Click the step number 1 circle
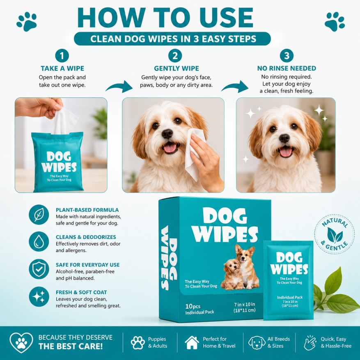pyautogui.click(x=62, y=56)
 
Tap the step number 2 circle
pyautogui.click(x=175, y=56)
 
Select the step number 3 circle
pyautogui.click(x=287, y=56)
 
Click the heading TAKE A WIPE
pyautogui.click(x=62, y=69)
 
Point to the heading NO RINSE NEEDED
pyautogui.click(x=287, y=69)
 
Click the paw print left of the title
pyautogui.click(x=27, y=21)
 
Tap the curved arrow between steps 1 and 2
pyautogui.click(x=119, y=87)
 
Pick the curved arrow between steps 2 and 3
pyautogui.click(x=235, y=87)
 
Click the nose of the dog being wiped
pyautogui.click(x=167, y=134)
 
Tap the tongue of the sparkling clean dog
pyautogui.click(x=286, y=152)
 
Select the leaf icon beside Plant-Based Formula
pyautogui.click(x=39, y=215)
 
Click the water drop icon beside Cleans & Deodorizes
pyautogui.click(x=39, y=241)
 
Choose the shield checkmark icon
pyautogui.click(x=39, y=269)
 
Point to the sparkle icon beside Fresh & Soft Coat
pyautogui.click(x=39, y=297)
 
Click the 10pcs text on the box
pyautogui.click(x=193, y=307)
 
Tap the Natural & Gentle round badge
pyautogui.click(x=335, y=234)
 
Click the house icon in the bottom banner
pyautogui.click(x=192, y=343)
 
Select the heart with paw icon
pyautogui.click(x=21, y=342)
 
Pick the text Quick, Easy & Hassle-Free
pyautogui.click(x=336, y=342)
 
